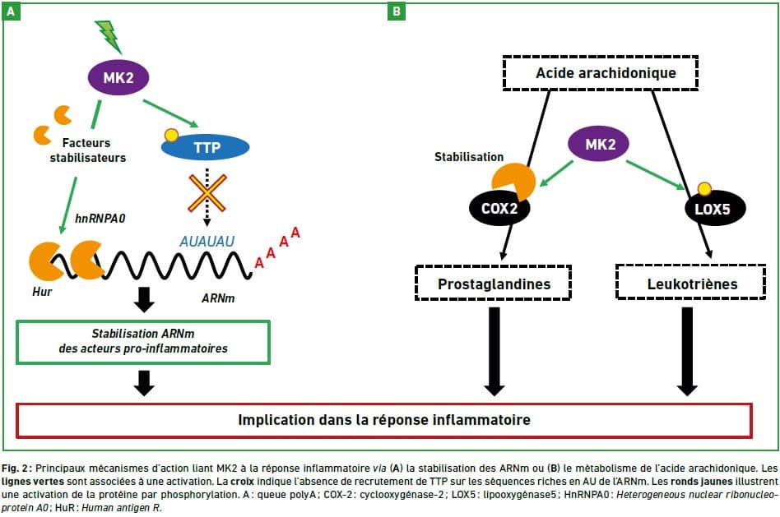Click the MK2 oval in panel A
click(x=118, y=77)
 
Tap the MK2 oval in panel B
click(x=599, y=144)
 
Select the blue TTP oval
click(x=206, y=147)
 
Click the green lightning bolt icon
click(x=109, y=36)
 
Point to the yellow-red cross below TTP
click(x=207, y=193)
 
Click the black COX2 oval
click(x=499, y=208)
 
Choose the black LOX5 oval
click(x=714, y=208)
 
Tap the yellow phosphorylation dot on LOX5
click(x=703, y=189)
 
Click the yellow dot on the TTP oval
click(x=171, y=136)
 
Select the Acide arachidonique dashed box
click(x=601, y=73)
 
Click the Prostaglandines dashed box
click(x=494, y=283)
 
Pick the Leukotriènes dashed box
click(x=691, y=283)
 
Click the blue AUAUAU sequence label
click(x=207, y=242)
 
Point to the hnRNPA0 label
click(x=100, y=219)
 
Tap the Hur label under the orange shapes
click(x=42, y=292)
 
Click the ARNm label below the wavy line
click(x=218, y=298)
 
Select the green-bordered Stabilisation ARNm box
click(x=143, y=342)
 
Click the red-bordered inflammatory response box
click(x=384, y=421)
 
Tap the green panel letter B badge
click(x=397, y=11)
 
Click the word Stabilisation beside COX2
click(x=469, y=157)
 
